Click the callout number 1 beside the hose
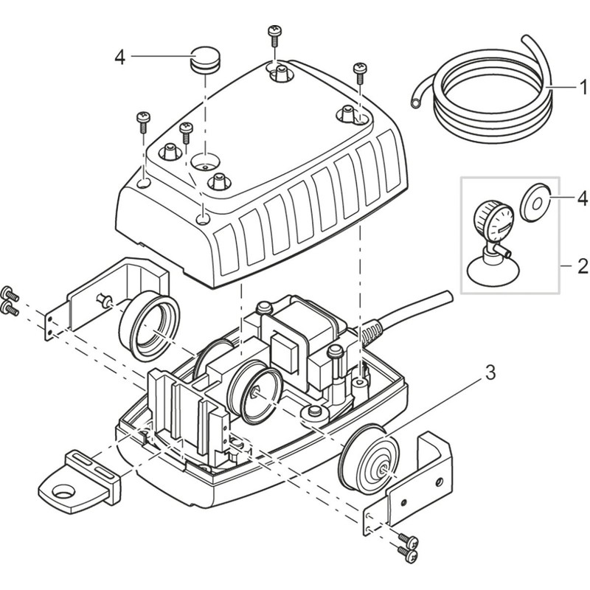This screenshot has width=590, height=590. (583, 88)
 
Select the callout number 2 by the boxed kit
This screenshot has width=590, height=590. (583, 263)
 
